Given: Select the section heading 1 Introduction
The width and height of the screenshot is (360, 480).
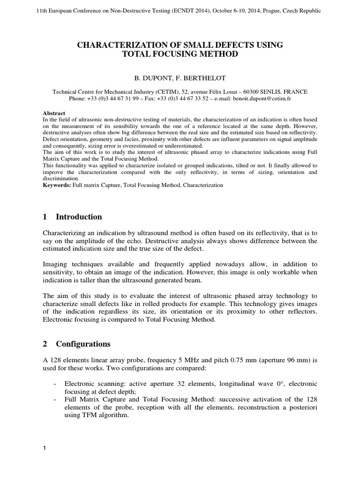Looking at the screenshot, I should pos(72,217).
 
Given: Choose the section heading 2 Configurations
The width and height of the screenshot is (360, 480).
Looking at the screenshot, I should pos(76,344).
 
